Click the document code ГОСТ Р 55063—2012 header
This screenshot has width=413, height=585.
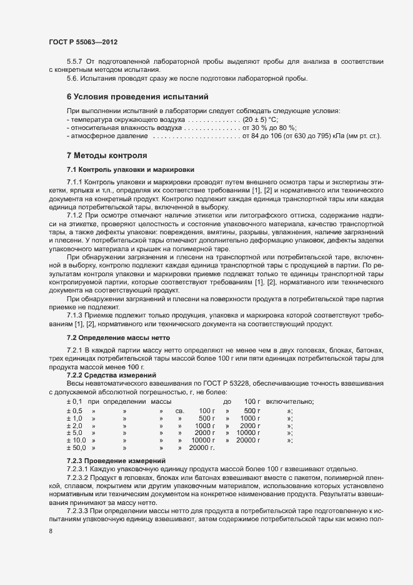[83, 42]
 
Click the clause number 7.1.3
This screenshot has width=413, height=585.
[76, 314]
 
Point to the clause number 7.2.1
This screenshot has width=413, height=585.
[76, 347]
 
